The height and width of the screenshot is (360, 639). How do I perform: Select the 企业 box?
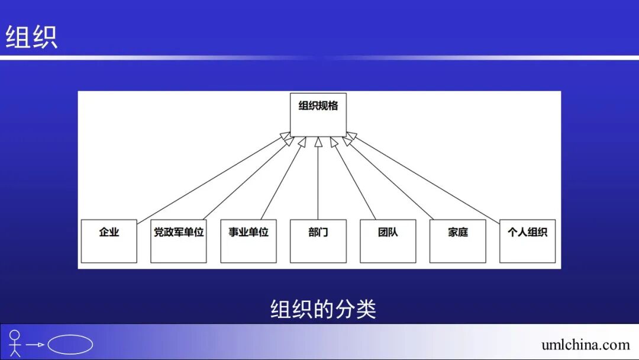tap(109, 241)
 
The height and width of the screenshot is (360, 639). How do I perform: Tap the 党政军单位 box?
tap(179, 241)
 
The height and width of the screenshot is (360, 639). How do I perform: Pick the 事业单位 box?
tap(248, 241)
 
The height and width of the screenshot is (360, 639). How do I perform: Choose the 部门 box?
tap(318, 241)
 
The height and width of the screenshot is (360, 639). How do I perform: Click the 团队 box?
tap(388, 241)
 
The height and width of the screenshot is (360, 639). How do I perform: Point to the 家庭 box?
tap(457, 241)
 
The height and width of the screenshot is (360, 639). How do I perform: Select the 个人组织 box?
tap(527, 241)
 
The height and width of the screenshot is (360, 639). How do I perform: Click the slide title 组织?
tap(31, 37)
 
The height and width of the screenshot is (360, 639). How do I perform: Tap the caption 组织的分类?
tap(323, 309)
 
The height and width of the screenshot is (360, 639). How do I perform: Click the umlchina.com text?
tap(585, 345)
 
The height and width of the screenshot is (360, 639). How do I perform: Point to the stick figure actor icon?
tap(15, 343)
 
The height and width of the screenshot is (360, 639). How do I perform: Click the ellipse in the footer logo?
tap(70, 345)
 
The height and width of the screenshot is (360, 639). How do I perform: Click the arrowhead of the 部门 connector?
tap(318, 141)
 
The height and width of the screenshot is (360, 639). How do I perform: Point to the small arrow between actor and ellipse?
tap(36, 345)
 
